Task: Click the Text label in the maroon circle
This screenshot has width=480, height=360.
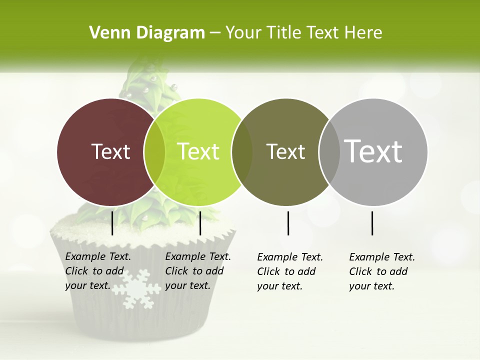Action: click(110, 151)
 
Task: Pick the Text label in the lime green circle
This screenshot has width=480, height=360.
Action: click(198, 151)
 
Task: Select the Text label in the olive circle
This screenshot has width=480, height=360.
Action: click(285, 151)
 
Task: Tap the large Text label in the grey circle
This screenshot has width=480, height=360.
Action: click(373, 151)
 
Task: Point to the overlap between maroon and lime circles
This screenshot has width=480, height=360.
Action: click(154, 152)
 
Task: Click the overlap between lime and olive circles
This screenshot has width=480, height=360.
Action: click(242, 152)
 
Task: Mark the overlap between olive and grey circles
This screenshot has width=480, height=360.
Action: click(329, 152)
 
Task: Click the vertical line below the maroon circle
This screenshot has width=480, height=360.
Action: click(112, 223)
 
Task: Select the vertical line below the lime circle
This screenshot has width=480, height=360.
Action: click(200, 223)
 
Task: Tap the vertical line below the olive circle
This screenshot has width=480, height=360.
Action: click(288, 223)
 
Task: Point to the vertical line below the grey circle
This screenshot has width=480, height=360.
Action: click(372, 223)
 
